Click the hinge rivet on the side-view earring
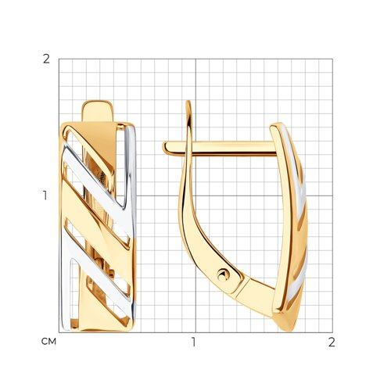[x=224, y=275]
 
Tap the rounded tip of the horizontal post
[x=165, y=148]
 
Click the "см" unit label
[x=48, y=341]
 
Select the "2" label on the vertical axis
[x=46, y=59]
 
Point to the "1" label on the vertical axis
[x=45, y=195]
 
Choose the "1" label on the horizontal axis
[x=193, y=342]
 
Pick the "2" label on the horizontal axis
[x=332, y=342]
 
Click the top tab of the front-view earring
[x=98, y=111]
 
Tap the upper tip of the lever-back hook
[x=188, y=102]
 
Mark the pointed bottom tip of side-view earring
[x=292, y=329]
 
